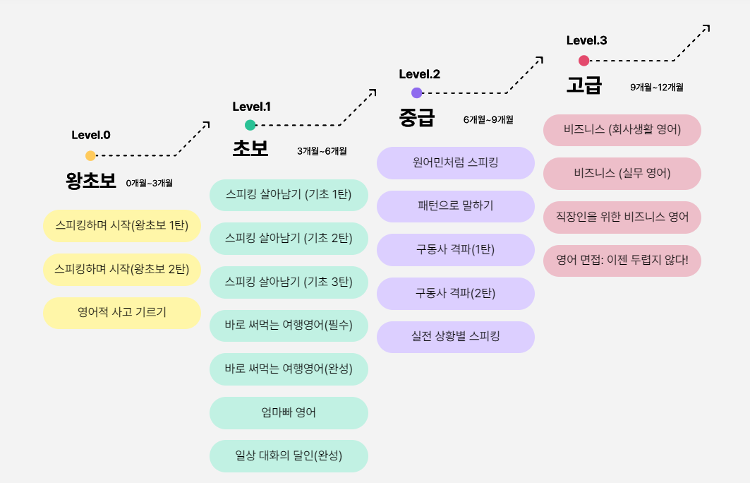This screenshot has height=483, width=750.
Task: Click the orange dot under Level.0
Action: point(90,155)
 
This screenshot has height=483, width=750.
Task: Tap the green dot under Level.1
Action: point(250,125)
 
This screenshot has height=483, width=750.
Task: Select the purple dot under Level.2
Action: point(416,93)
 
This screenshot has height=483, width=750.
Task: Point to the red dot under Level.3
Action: point(583,61)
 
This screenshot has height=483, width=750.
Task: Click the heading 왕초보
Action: point(91,181)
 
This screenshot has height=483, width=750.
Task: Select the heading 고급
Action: point(584,85)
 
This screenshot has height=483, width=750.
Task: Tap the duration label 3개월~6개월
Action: point(322,151)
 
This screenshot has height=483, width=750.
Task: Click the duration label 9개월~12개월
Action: point(656,88)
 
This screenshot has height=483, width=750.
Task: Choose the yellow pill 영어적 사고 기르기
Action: point(122,313)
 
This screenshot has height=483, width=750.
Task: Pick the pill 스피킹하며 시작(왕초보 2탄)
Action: point(122,269)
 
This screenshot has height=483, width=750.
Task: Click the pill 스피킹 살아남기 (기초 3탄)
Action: point(289,282)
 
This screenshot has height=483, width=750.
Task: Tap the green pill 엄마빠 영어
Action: point(289,412)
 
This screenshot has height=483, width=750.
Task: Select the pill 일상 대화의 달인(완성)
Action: point(289,456)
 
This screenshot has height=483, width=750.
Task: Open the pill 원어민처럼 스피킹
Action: point(456,162)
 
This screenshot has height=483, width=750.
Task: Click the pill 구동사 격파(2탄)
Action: point(456,293)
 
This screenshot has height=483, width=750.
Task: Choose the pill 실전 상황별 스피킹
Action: point(456,337)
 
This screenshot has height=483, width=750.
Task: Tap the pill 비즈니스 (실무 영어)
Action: point(622,173)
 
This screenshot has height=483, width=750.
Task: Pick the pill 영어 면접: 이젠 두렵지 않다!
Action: point(622,261)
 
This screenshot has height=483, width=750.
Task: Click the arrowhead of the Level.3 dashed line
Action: point(706,28)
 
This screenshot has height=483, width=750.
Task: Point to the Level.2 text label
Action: point(420,74)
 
